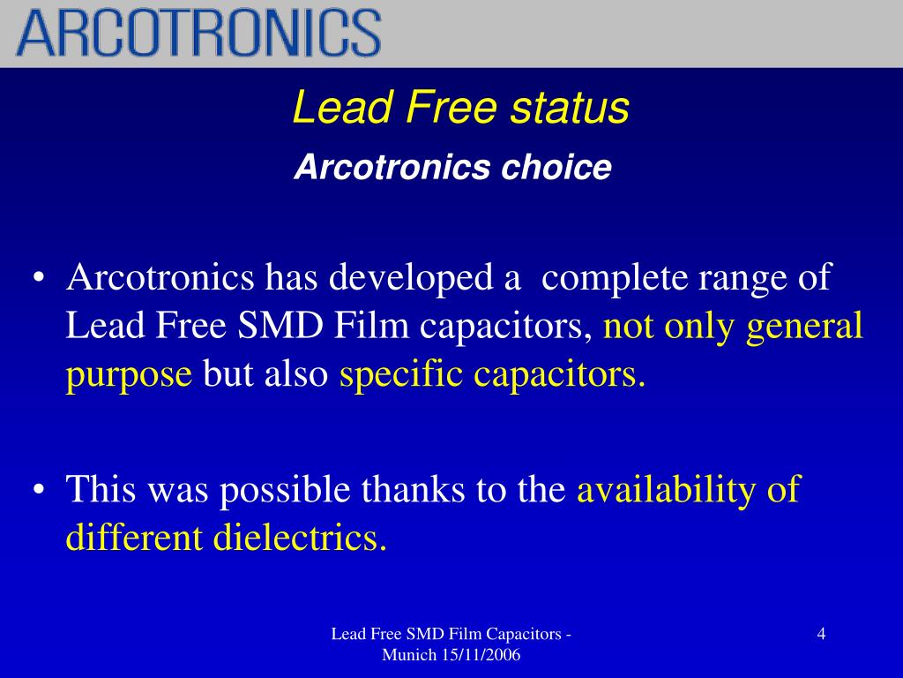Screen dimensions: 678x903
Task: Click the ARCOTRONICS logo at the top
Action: (x=199, y=33)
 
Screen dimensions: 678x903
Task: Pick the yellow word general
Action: (x=804, y=327)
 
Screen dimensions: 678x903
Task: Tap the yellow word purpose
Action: (x=129, y=376)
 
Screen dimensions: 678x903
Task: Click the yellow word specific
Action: (x=402, y=374)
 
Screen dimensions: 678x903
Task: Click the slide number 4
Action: (x=821, y=634)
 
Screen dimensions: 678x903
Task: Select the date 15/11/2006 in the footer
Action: (x=480, y=655)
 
